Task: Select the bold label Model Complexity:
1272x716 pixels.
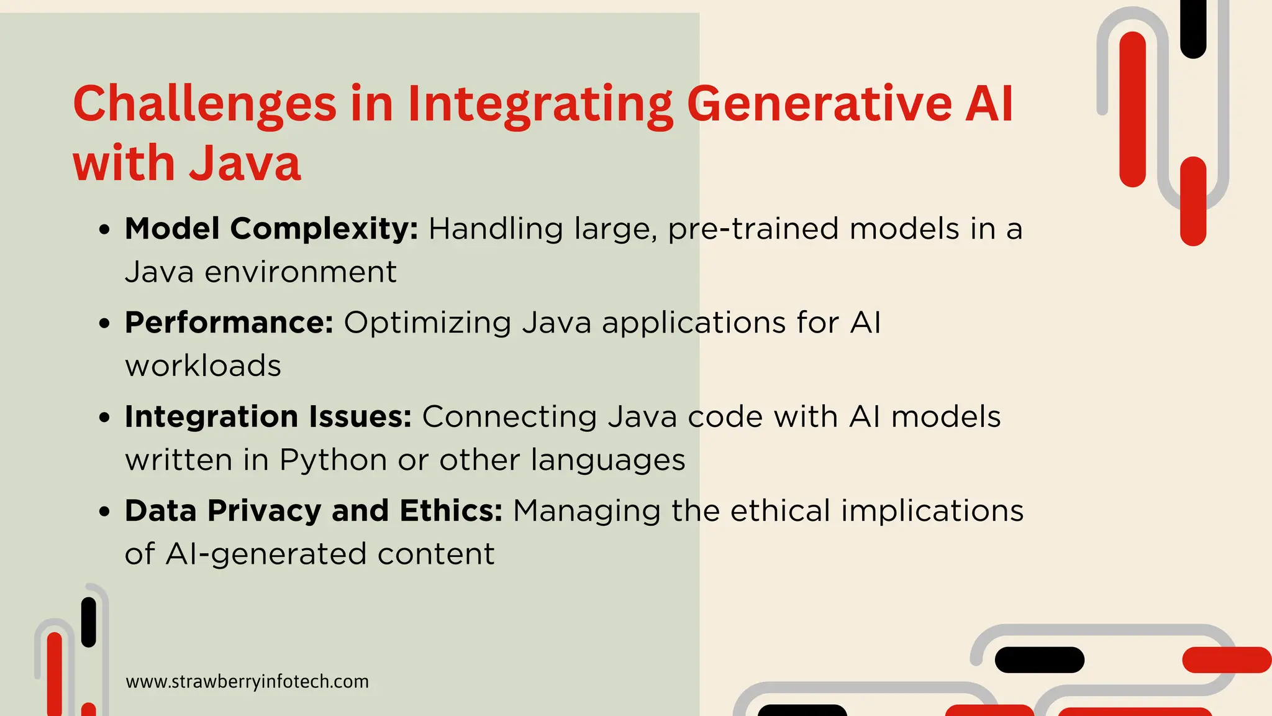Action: point(271,229)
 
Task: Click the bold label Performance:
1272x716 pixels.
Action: point(229,323)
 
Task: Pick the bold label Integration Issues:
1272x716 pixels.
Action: point(268,417)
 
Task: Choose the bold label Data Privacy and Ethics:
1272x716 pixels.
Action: point(314,511)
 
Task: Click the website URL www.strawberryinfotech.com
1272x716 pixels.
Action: point(247,682)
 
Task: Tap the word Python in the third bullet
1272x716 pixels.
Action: point(334,461)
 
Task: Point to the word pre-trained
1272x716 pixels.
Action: point(753,229)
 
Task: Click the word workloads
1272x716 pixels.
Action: point(203,366)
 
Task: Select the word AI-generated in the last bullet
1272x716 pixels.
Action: point(266,554)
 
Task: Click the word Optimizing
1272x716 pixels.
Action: point(427,323)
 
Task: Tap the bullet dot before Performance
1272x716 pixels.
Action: point(104,324)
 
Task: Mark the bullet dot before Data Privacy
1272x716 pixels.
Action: point(104,512)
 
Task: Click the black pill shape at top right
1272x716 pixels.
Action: point(1192,28)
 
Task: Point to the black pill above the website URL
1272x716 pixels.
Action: point(89,622)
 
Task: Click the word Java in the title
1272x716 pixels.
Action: point(245,164)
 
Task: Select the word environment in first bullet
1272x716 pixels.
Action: point(301,272)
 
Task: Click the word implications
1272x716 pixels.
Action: point(932,512)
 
